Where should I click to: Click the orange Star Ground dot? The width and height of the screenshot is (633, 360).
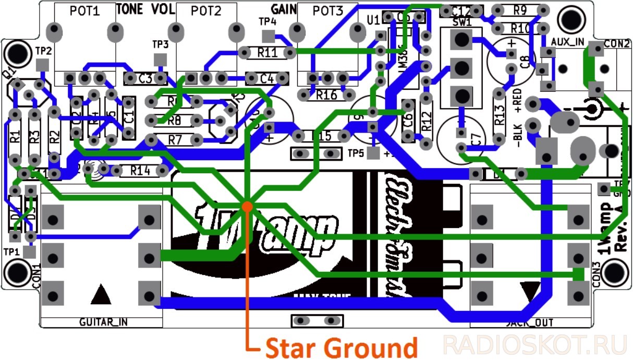(x=247, y=206)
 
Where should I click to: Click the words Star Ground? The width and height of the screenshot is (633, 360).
(x=342, y=347)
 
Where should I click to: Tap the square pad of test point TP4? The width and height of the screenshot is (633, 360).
(x=268, y=36)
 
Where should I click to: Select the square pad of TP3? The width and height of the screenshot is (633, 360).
(x=160, y=59)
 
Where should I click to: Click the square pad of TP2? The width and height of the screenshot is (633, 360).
(x=44, y=65)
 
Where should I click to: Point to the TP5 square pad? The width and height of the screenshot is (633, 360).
(x=373, y=153)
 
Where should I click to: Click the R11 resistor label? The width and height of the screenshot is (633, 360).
(x=267, y=52)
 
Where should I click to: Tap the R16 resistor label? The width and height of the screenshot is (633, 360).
(x=326, y=95)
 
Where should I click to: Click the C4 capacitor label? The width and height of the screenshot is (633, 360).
(x=266, y=79)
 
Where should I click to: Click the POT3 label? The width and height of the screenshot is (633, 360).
(x=327, y=10)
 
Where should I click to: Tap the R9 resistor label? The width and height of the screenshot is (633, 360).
(x=519, y=10)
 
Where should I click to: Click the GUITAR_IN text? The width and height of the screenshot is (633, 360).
(x=102, y=322)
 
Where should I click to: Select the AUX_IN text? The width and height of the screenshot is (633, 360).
(x=567, y=41)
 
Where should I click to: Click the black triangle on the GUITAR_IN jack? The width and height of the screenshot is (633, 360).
(x=101, y=295)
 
